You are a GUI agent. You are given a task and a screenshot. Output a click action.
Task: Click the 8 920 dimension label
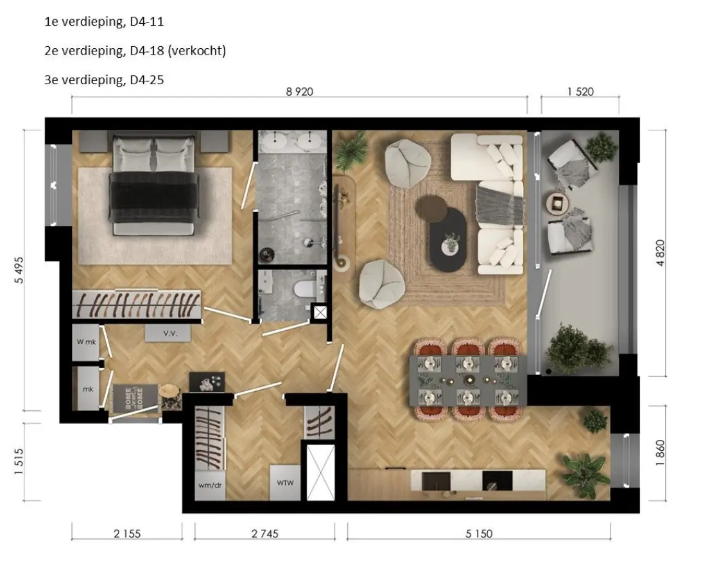point(300,92)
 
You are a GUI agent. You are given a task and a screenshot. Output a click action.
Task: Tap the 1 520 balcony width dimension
point(580,92)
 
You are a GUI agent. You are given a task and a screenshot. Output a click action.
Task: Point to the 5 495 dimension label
point(19,270)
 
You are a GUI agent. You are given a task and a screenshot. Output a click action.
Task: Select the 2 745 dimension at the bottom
point(264,534)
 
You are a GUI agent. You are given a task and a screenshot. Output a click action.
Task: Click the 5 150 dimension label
point(479,534)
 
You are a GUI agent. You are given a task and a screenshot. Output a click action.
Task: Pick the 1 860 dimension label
point(661,453)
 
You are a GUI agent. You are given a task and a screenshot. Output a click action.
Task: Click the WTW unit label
point(285,483)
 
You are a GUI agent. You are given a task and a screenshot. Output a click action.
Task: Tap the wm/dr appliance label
point(210,485)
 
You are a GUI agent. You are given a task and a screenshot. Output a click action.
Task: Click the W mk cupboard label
point(86,342)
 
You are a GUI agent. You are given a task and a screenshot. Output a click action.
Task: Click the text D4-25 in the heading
point(147,80)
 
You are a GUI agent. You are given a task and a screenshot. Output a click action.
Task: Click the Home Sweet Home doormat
point(135,398)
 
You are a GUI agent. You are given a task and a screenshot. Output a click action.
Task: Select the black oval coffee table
point(447,240)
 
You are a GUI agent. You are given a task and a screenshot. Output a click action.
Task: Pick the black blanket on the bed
point(153,197)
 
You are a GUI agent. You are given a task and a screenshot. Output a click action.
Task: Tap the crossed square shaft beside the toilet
point(320,312)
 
